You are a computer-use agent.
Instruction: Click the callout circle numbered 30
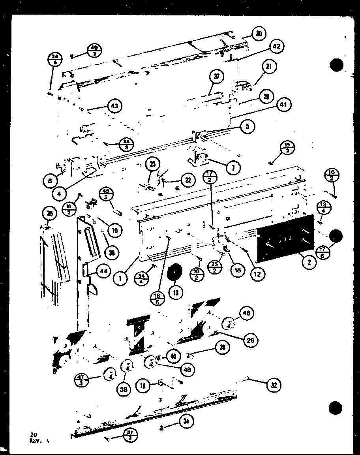tap(258, 34)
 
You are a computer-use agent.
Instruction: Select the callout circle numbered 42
tap(276, 46)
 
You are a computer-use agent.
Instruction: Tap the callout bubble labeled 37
tap(217, 77)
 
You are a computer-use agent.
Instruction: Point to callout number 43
tap(114, 106)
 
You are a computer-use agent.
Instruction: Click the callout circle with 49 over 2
tap(95, 51)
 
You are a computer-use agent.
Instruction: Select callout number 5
tap(247, 126)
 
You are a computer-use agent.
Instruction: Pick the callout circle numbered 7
tap(234, 167)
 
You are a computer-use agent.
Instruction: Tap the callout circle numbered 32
tap(273, 385)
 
